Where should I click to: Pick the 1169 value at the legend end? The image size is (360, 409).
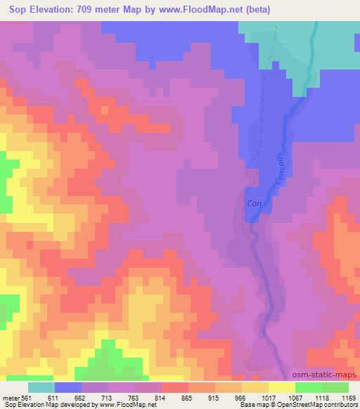(347, 397)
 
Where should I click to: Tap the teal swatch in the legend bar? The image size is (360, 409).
(41, 387)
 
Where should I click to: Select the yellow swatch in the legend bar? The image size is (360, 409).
(281, 387)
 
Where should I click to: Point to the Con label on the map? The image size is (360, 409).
(254, 203)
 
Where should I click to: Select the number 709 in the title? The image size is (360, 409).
(94, 9)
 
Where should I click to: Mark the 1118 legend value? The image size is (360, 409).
(307, 397)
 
